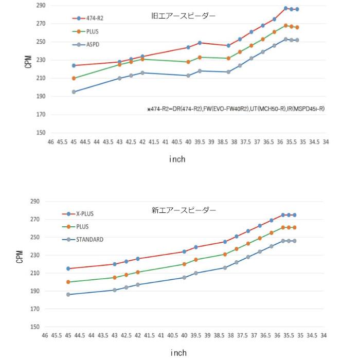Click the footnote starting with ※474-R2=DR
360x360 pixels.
pyautogui.click(x=236, y=109)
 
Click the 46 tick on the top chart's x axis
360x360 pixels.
pyautogui.click(x=50, y=141)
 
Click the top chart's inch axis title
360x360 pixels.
pyautogui.click(x=177, y=159)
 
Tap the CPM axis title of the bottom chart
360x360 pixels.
pyautogui.click(x=20, y=257)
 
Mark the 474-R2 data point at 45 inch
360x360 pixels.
pyautogui.click(x=74, y=65)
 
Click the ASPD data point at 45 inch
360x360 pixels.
pyautogui.click(x=74, y=92)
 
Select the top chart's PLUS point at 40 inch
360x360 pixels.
pyautogui.click(x=188, y=62)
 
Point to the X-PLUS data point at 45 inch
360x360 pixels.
pyautogui.click(x=68, y=268)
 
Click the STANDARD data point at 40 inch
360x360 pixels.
pyautogui.click(x=184, y=277)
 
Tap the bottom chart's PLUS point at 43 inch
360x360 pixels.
pyautogui.click(x=115, y=277)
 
